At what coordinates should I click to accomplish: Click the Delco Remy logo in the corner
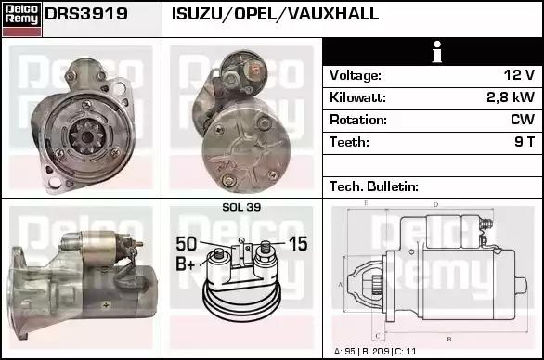[22, 19]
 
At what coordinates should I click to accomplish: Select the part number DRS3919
[86, 14]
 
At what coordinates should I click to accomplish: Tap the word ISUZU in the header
[197, 14]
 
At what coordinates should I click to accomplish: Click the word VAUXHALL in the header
[333, 14]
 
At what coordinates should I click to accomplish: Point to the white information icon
[437, 52]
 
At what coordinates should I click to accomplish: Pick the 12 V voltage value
[519, 75]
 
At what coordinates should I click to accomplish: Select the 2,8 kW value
[511, 97]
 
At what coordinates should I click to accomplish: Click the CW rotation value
[523, 120]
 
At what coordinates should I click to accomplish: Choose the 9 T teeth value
[525, 142]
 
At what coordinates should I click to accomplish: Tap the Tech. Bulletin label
[374, 186]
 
